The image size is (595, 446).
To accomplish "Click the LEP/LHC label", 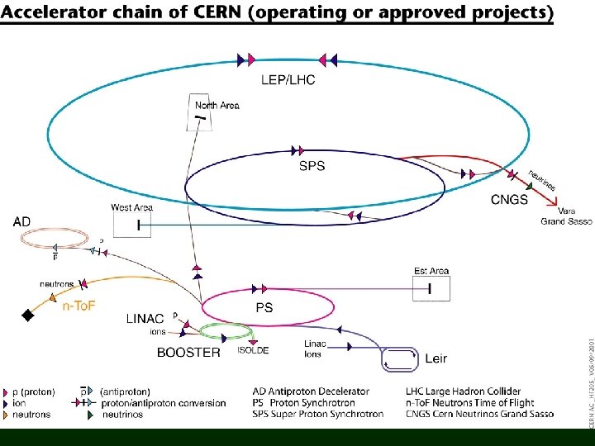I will [x=287, y=80].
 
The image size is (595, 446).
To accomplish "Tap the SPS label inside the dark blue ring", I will [x=312, y=166].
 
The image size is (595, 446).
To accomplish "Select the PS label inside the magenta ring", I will [x=264, y=307].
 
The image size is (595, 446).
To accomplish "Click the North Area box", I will [x=201, y=118].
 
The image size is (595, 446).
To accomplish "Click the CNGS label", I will [x=509, y=200].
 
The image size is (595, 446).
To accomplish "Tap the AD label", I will [x=22, y=222].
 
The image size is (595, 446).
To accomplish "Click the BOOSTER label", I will [x=188, y=352].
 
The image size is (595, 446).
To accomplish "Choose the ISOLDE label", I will [x=253, y=350].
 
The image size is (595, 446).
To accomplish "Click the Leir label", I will [x=436, y=358].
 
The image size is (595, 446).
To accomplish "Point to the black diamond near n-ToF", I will [x=27, y=315].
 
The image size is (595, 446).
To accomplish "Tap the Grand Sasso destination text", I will [x=559, y=221].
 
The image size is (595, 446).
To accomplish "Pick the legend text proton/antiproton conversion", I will [x=163, y=403].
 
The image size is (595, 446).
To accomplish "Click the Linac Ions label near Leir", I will [x=315, y=349].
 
